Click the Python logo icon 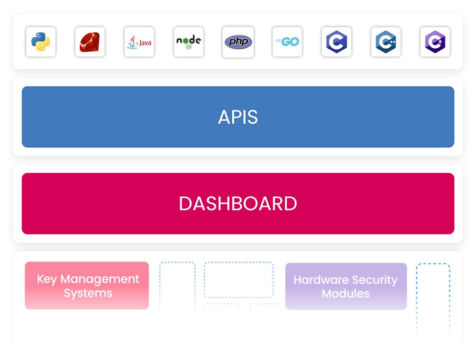[41, 42]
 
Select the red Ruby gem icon [90, 42]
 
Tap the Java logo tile [139, 42]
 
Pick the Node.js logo [189, 42]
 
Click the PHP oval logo [238, 42]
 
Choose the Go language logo [287, 42]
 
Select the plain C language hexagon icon [337, 42]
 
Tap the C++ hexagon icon [386, 42]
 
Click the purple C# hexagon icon [435, 42]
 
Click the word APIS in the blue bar [238, 117]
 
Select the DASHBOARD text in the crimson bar [238, 204]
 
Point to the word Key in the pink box [47, 279]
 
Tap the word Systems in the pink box [88, 293]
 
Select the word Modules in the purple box [346, 294]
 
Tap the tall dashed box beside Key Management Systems [177, 287]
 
